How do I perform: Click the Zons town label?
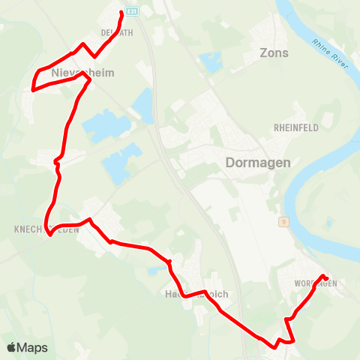click(273, 52)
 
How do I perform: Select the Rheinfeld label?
click(296, 128)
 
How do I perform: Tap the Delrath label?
click(116, 32)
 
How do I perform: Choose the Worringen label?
click(316, 283)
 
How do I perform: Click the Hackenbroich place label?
click(196, 294)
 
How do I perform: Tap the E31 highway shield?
click(132, 12)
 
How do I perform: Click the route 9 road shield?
click(283, 221)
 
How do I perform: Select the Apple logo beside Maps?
click(11, 347)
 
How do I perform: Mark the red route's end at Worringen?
click(325, 277)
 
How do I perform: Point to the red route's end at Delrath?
click(121, 13)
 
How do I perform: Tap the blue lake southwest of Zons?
click(211, 62)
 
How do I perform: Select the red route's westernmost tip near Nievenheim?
click(32, 89)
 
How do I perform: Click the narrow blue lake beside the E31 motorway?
click(144, 105)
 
